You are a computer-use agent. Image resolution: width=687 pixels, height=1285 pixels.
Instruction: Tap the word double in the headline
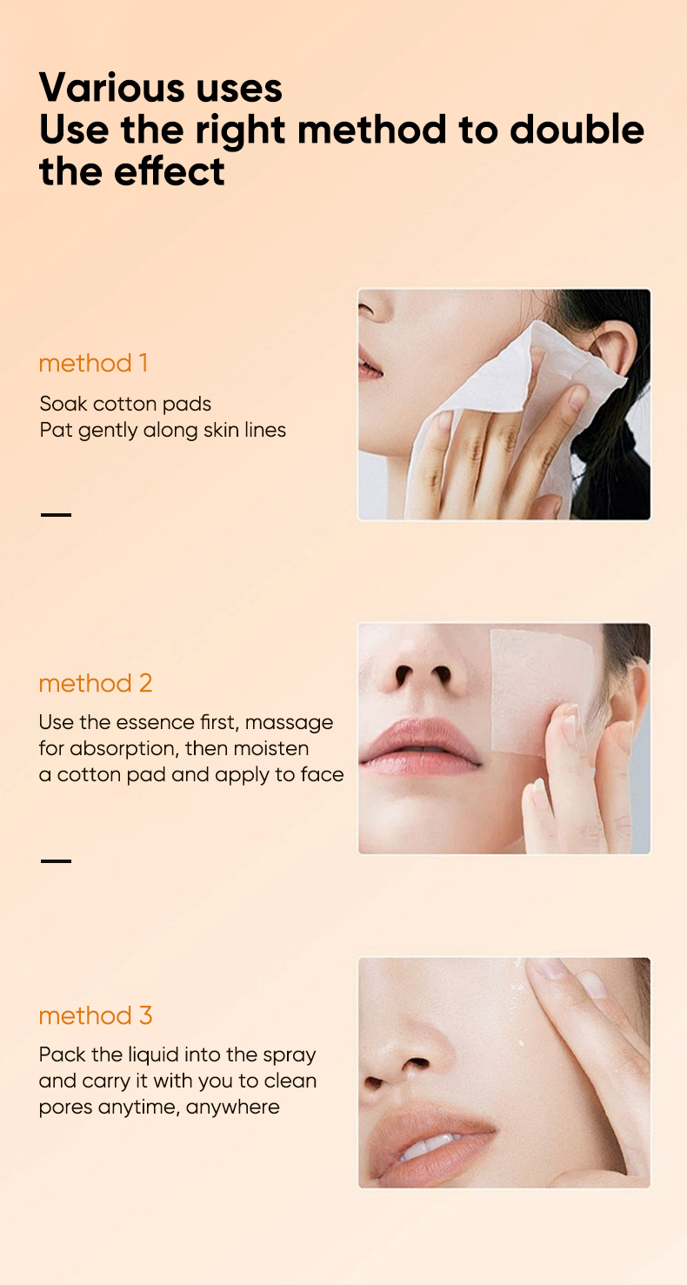[577, 130]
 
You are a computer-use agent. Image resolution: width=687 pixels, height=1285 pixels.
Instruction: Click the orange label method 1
[93, 363]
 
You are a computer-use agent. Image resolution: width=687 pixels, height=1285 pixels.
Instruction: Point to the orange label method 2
[96, 683]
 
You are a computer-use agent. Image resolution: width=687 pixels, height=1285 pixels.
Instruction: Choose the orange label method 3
[96, 1015]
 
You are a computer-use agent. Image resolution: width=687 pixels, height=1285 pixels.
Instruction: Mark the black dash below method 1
[56, 514]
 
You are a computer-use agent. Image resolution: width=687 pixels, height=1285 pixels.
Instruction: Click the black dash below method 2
[56, 860]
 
